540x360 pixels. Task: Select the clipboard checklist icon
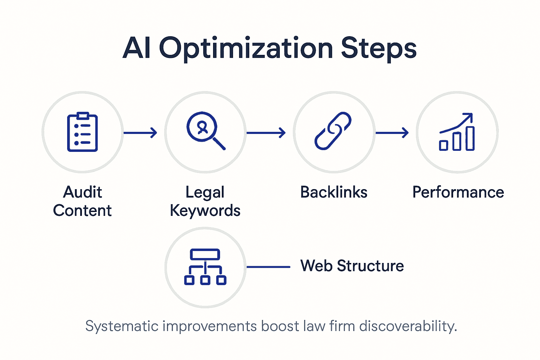82,132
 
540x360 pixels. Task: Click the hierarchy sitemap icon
205,267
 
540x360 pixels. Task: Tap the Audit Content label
82,201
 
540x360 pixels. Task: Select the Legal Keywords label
205,201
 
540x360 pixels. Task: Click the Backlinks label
334,192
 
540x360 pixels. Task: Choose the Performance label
458,192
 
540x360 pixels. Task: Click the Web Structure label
352,266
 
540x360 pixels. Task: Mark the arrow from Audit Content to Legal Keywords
140,133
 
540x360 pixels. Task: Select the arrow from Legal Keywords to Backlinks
266,133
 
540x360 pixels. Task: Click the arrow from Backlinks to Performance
392,133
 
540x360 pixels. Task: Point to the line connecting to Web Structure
268,267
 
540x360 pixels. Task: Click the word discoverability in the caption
408,326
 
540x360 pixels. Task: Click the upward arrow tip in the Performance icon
470,115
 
